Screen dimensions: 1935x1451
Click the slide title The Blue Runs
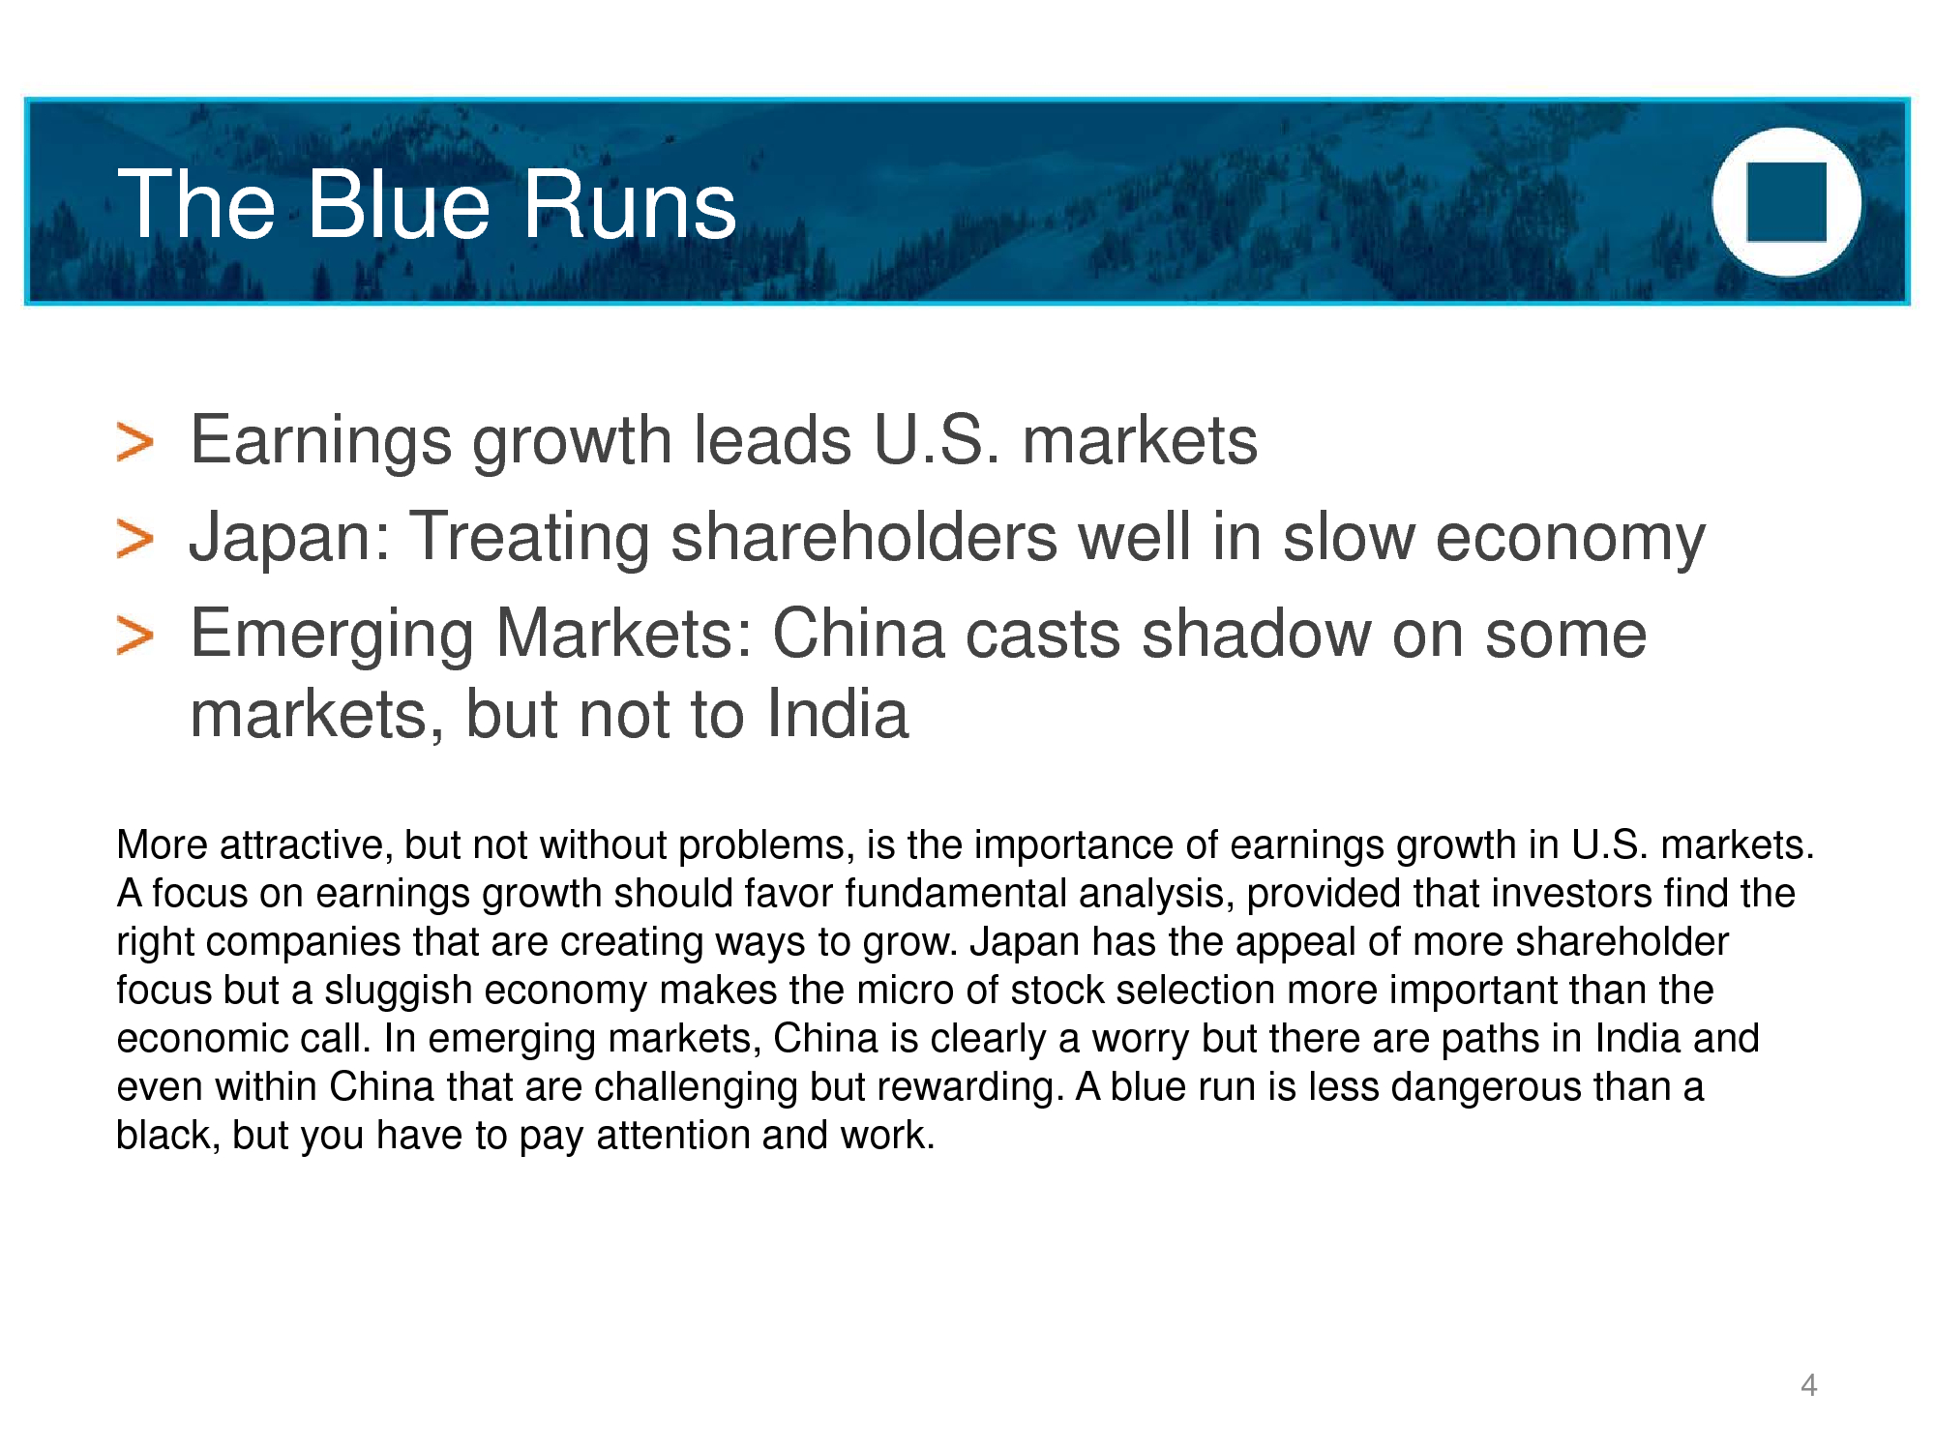coord(427,204)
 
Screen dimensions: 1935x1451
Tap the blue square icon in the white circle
coord(1786,202)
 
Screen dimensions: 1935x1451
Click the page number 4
coord(1808,1385)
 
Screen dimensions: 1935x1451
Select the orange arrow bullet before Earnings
coord(134,442)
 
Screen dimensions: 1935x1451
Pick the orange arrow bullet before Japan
coord(134,539)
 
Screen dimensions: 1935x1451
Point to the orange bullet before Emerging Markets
coord(134,636)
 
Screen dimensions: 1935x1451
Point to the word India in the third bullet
coord(838,714)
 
